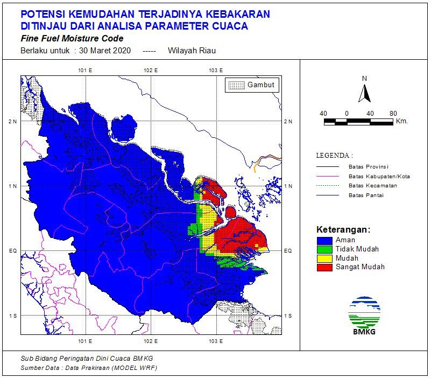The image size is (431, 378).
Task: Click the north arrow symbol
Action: [365, 93]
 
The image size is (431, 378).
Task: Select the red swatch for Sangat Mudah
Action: [324, 267]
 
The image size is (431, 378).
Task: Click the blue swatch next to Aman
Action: [324, 240]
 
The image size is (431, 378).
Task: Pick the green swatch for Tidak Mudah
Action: [324, 249]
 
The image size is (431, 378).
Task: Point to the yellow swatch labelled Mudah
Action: [324, 258]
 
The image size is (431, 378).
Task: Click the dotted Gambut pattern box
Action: [236, 85]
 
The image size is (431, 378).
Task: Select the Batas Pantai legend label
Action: [365, 195]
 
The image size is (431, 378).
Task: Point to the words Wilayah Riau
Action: [192, 51]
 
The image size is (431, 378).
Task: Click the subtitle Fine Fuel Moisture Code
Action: [72, 39]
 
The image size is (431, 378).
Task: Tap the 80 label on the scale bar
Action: [393, 114]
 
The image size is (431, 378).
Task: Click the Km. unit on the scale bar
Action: [401, 122]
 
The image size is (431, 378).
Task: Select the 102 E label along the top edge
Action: [151, 71]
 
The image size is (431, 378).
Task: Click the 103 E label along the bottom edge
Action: [216, 341]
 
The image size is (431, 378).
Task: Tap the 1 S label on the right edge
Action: [288, 316]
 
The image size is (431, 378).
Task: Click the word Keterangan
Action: [343, 229]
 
